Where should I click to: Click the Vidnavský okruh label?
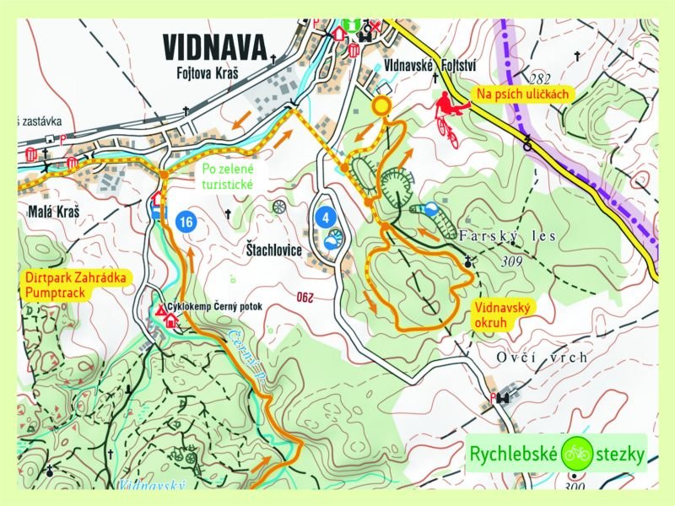[x=502, y=315]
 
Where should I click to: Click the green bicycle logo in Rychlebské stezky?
[x=578, y=454]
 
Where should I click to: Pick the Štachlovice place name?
[x=273, y=250]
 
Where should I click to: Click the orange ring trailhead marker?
[x=382, y=105]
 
